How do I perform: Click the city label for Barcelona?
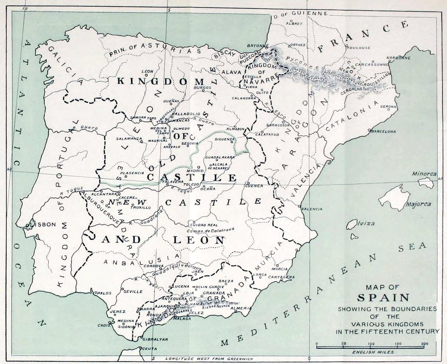click(x=383, y=132)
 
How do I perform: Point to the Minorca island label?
click(x=424, y=174)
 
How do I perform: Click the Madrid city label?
click(x=194, y=170)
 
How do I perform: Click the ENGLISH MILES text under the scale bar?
click(x=370, y=352)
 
